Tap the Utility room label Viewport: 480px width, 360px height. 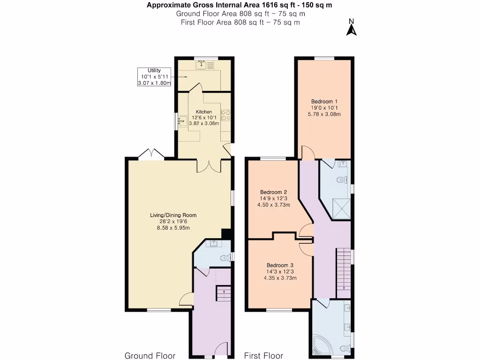pos(154,70)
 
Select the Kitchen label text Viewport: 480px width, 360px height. pos(204,112)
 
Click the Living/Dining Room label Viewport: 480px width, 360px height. pos(173,215)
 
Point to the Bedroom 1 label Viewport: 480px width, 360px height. pos(324,101)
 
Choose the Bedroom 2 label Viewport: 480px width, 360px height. pos(273,192)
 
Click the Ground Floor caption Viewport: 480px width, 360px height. pos(150,356)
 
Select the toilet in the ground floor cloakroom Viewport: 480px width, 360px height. pos(226,258)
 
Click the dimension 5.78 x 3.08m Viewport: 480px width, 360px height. pos(324,114)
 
